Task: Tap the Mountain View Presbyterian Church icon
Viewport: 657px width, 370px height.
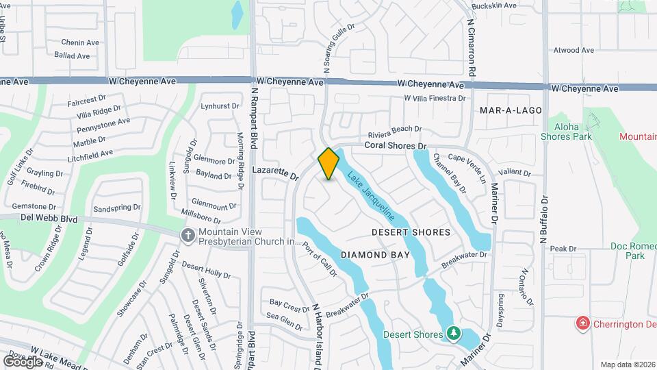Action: (x=188, y=236)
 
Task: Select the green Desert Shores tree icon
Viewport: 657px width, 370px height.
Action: (x=452, y=334)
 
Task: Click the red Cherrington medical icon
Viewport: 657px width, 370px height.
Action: (x=583, y=323)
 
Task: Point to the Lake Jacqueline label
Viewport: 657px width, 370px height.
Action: (x=370, y=195)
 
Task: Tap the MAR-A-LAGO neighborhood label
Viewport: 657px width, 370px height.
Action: (x=511, y=110)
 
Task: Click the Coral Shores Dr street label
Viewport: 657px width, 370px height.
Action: (x=395, y=146)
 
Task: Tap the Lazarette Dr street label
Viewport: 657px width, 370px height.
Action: (x=276, y=171)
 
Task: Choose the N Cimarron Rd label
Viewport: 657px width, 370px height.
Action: (x=472, y=47)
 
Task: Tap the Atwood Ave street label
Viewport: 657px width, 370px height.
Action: (x=574, y=50)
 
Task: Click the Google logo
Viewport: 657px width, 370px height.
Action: (x=22, y=361)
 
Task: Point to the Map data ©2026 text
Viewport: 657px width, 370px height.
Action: (x=627, y=365)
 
